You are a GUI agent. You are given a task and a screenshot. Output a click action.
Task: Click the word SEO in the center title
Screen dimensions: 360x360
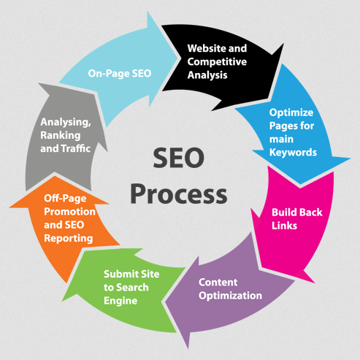pos(179,158)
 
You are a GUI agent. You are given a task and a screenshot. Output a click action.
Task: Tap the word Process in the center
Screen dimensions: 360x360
pos(179,194)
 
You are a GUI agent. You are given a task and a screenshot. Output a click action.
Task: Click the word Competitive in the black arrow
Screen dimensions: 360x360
pos(217,61)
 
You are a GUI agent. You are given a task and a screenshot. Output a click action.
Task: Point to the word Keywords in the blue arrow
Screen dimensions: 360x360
pos(293,153)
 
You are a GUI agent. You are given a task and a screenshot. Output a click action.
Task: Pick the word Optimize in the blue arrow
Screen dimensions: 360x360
pos(291,112)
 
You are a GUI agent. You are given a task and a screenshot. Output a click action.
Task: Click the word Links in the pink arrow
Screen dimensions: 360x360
pos(284,226)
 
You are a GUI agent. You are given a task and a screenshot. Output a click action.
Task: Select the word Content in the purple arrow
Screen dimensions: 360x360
pos(218,283)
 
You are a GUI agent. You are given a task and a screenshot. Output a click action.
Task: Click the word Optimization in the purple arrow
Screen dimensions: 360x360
pos(230,296)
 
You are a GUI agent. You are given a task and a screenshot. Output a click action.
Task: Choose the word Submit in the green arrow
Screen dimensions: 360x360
pos(119,274)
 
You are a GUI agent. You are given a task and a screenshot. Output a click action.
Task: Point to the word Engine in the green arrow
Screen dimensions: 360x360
pos(120,301)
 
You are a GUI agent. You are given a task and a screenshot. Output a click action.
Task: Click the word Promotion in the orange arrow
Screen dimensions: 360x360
pos(69,212)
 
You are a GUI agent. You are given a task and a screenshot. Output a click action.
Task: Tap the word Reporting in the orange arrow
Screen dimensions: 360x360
pos(69,238)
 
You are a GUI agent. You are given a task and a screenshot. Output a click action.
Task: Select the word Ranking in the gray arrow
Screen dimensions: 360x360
pos(61,135)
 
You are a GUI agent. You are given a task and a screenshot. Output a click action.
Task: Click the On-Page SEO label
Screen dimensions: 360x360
pos(120,74)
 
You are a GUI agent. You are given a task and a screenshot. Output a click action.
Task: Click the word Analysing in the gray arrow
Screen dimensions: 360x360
pos(66,122)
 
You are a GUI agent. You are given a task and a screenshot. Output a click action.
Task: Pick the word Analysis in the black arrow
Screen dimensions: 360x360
pos(207,75)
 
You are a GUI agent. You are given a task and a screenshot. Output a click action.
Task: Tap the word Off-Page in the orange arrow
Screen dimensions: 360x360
pos(65,199)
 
